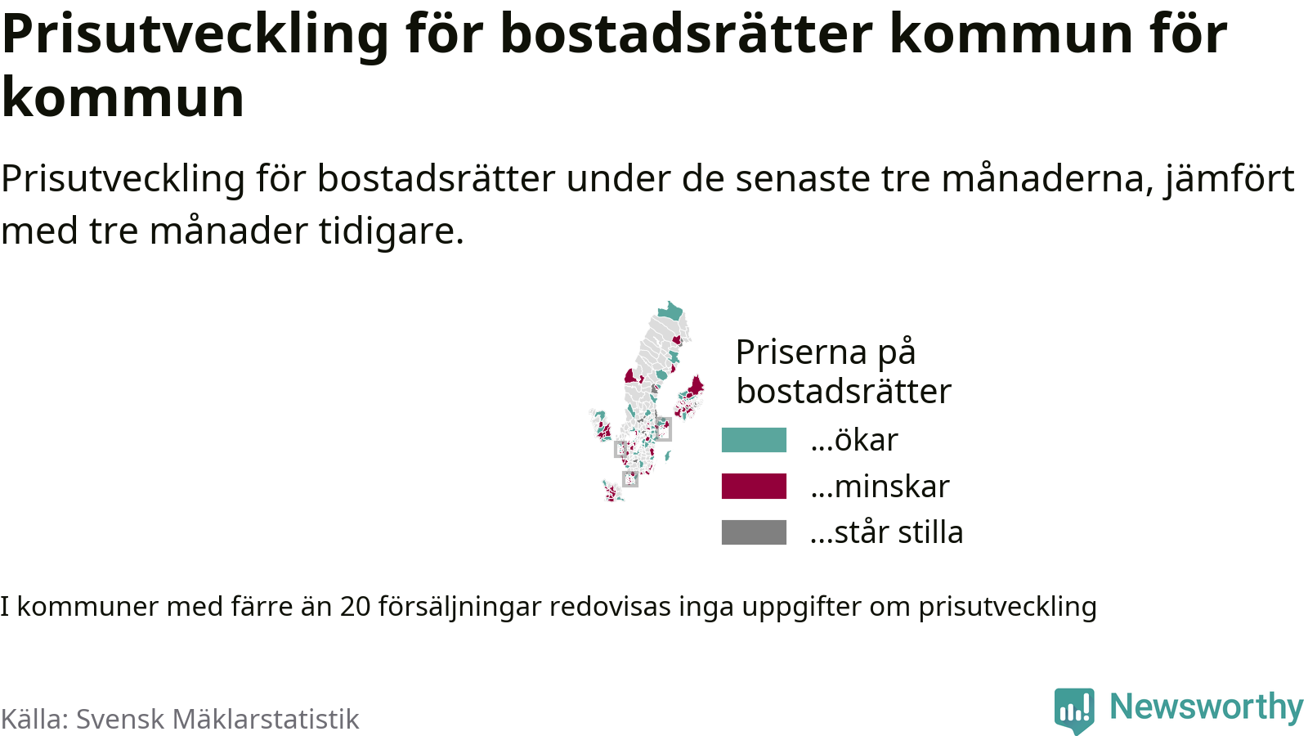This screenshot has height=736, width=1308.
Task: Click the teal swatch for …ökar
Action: pyautogui.click(x=754, y=440)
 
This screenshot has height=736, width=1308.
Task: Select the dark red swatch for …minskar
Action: pyautogui.click(x=754, y=486)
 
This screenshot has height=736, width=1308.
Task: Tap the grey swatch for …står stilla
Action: pyautogui.click(x=754, y=532)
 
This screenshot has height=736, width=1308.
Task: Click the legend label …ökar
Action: pyautogui.click(x=854, y=440)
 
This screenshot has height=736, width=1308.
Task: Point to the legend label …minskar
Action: pyautogui.click(x=880, y=486)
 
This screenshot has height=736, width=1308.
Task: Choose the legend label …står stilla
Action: pyautogui.click(x=886, y=532)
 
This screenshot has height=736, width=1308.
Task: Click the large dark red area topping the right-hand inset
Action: pyautogui.click(x=696, y=387)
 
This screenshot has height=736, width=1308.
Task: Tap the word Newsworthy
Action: pyautogui.click(x=1207, y=707)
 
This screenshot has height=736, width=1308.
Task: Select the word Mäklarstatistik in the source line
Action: pyautogui.click(x=266, y=719)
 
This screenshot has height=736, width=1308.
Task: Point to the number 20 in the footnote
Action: pyautogui.click(x=355, y=607)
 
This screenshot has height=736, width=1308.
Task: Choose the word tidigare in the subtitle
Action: pyautogui.click(x=392, y=231)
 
